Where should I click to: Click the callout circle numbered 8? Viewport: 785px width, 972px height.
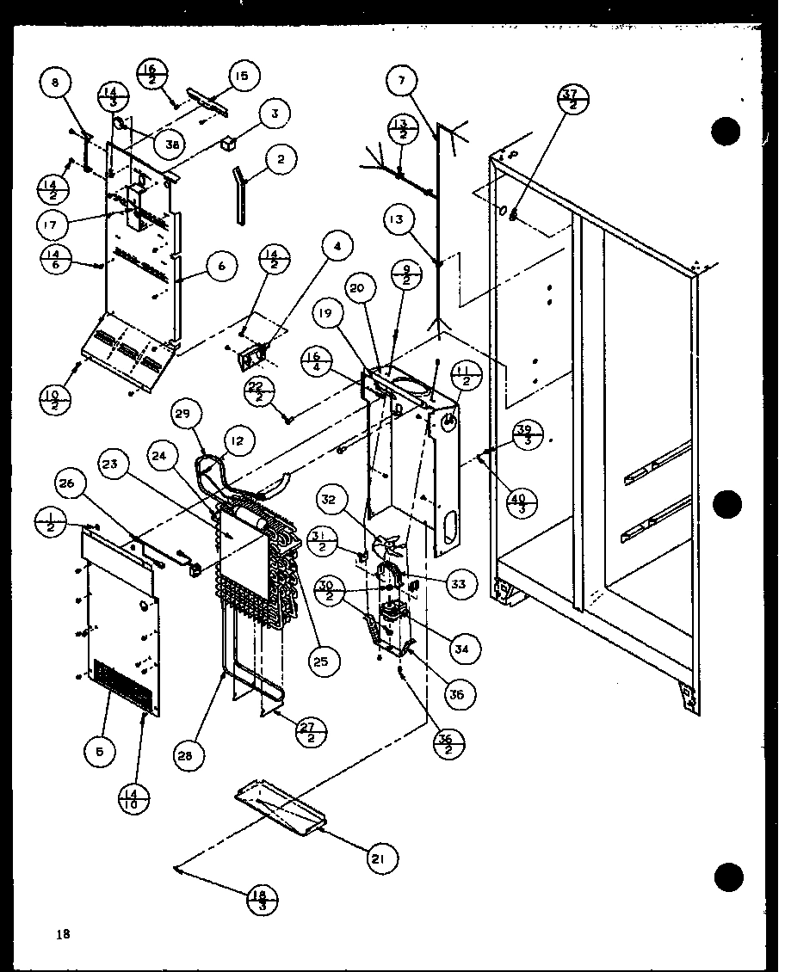pos(55,83)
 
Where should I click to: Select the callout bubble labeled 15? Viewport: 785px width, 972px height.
pos(241,77)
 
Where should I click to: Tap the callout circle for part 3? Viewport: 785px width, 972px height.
pos(274,113)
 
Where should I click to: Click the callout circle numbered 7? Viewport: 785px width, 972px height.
pos(401,81)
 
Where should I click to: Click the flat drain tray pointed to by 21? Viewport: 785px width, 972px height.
pos(281,809)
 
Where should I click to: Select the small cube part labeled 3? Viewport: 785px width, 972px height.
pos(228,144)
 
